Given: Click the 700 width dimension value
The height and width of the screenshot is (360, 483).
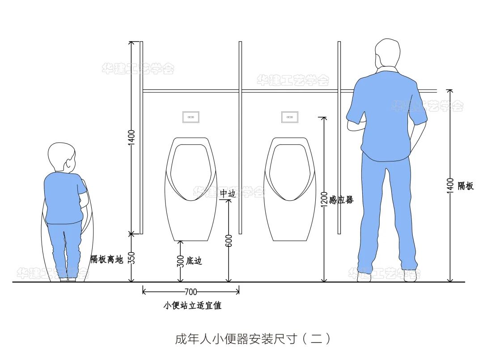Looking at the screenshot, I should coord(191,292).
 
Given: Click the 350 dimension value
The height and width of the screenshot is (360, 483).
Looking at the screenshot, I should coord(131,258).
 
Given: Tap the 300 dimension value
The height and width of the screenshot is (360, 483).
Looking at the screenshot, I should coord(180,261).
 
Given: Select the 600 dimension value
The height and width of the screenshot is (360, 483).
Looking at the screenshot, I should coord(229,241).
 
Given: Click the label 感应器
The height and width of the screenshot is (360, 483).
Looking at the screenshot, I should coord(341,200).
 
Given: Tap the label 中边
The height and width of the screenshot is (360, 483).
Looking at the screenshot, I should coord(228,194).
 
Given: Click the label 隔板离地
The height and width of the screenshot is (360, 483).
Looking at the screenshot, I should coord(107,259).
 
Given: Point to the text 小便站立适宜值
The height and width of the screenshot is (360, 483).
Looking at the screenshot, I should coord(192,306).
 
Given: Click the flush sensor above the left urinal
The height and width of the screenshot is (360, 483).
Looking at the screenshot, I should coord(191,117).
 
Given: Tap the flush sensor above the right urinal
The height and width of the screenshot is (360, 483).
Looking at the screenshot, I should coord(289,117).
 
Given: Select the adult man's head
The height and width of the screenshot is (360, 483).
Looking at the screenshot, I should coord(387,54).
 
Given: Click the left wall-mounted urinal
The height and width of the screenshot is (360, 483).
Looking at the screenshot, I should coord(190,188).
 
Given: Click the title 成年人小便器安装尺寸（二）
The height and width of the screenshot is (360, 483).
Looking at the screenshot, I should coord(253,339).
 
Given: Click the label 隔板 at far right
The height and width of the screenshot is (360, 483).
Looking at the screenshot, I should coord(466,186).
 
